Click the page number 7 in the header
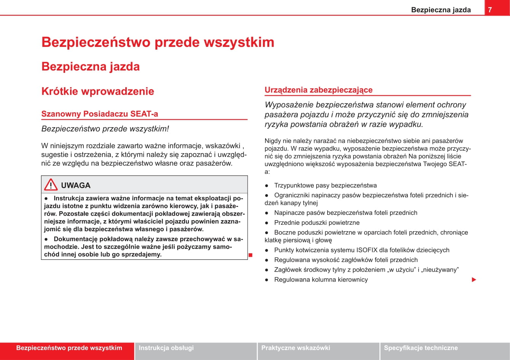point(490,10)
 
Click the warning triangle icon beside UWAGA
point(51,185)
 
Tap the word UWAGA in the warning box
point(75,186)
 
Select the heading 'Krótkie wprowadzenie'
point(98,91)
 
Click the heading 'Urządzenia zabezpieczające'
point(318,90)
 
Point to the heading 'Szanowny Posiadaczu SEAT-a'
point(99,114)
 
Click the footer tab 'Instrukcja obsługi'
point(166,348)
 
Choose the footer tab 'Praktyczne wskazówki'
point(296,348)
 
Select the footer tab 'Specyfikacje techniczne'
point(420,348)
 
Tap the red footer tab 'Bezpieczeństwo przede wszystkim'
point(69,348)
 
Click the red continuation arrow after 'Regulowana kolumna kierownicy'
point(474,280)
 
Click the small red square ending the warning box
point(251,254)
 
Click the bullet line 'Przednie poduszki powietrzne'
point(317,222)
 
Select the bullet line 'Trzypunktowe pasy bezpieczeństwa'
point(325,186)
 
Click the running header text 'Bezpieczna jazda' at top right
point(441,10)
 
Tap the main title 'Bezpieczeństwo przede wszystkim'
point(158,42)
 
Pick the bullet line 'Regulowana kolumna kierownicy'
point(321,280)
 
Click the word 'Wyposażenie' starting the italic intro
point(289,105)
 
